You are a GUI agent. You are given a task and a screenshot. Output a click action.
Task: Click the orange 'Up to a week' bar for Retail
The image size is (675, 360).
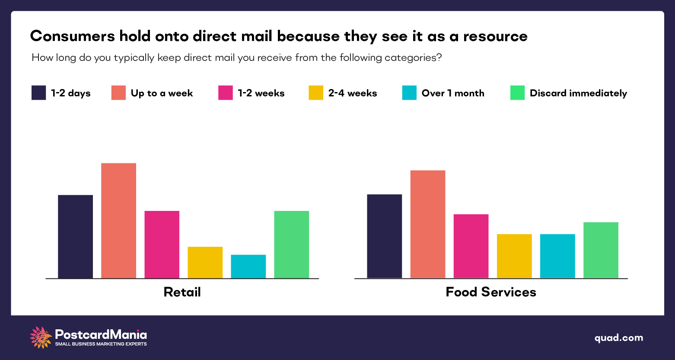click(x=118, y=220)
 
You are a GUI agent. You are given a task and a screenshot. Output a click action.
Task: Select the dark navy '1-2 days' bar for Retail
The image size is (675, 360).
click(x=75, y=236)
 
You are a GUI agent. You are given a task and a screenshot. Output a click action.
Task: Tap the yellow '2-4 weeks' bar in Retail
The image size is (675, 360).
click(x=205, y=262)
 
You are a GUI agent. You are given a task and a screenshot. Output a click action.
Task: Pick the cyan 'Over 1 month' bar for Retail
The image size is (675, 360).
click(x=248, y=266)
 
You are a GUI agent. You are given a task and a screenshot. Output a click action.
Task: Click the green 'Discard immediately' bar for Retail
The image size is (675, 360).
click(x=291, y=244)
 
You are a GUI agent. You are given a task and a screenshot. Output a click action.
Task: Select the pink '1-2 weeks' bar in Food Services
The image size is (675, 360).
click(x=471, y=246)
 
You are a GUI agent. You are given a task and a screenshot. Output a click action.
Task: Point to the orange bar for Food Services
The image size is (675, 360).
click(x=427, y=224)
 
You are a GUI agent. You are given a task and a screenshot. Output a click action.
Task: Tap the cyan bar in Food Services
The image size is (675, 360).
click(x=557, y=256)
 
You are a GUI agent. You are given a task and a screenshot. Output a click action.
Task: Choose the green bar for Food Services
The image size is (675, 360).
click(x=601, y=250)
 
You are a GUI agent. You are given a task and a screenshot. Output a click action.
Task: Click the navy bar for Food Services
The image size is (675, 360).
click(x=384, y=236)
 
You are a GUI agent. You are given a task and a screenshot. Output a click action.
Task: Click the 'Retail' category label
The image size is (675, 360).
click(x=182, y=292)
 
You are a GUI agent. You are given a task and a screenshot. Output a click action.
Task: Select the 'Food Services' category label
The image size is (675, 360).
click(x=490, y=292)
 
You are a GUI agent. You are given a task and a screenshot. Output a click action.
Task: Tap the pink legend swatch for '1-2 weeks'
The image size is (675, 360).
click(x=226, y=93)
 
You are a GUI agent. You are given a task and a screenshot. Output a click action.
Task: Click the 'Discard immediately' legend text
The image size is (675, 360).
click(x=578, y=93)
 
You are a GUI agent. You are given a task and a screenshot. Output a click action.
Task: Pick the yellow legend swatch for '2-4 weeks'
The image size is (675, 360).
click(x=316, y=93)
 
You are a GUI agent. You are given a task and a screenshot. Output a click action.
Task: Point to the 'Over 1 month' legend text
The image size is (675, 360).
click(x=453, y=93)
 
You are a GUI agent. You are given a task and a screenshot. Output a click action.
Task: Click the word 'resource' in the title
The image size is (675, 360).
click(x=495, y=36)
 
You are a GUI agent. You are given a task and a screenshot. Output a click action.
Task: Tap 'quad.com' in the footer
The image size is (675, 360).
click(x=618, y=338)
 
